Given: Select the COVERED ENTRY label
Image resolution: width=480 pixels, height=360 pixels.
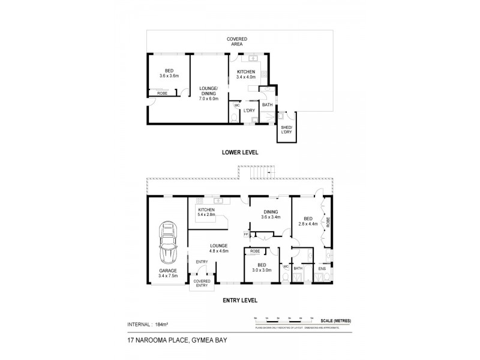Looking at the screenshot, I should [x=201, y=283].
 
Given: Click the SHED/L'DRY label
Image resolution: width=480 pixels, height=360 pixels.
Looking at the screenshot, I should [x=286, y=130].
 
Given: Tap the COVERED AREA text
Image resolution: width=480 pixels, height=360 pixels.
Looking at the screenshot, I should [x=238, y=41].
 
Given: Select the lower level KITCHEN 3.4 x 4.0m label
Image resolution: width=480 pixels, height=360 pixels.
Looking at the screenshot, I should [x=246, y=74].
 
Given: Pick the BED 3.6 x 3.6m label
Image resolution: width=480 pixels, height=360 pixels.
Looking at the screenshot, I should [x=169, y=73].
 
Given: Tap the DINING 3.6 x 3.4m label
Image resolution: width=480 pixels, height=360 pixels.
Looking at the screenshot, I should [x=271, y=214].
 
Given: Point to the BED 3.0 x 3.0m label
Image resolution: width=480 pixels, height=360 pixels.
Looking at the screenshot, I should [x=262, y=268].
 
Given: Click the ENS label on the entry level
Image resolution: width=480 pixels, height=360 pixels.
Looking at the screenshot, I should [x=322, y=268].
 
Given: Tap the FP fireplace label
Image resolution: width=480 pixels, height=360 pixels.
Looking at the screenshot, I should [x=246, y=234].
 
